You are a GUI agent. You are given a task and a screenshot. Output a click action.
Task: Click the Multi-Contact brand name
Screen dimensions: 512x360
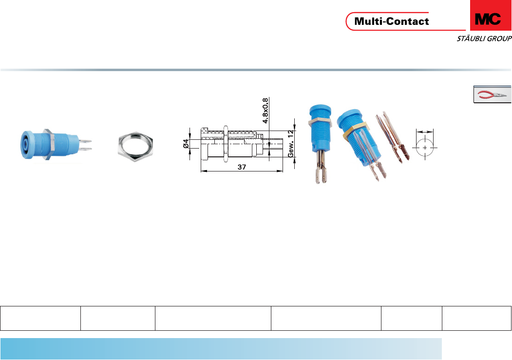(x=392, y=21)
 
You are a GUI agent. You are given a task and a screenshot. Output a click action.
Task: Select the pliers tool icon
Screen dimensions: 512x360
(x=493, y=95)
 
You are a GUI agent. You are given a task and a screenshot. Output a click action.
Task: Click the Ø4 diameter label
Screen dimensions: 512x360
(x=185, y=144)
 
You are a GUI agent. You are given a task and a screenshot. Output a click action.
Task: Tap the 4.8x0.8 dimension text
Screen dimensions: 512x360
(x=265, y=111)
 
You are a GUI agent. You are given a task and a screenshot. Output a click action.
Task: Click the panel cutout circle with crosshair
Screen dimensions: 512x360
(x=425, y=147)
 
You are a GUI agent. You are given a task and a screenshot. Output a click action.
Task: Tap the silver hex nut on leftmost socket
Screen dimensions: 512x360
(x=48, y=144)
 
